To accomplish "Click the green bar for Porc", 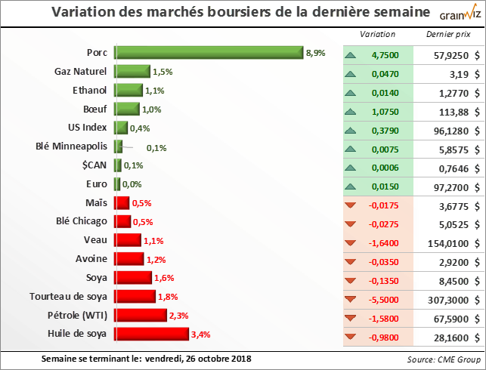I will [209, 53].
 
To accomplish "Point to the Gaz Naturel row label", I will [81, 72].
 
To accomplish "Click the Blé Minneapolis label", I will [72, 146].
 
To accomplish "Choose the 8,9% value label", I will [316, 53].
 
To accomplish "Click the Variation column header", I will [376, 35].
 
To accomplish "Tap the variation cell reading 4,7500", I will [386, 55].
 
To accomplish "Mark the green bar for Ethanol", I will [128, 91].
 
